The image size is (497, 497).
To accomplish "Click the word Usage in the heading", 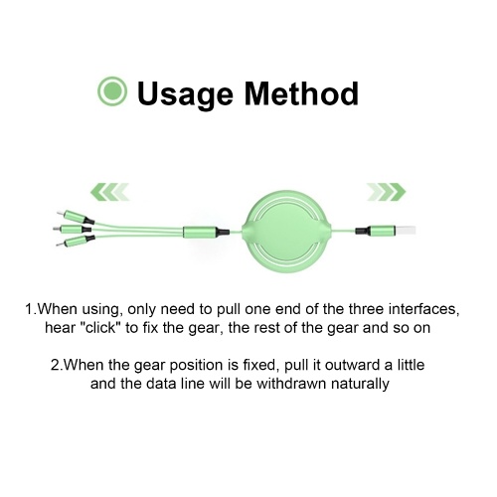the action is [185, 94].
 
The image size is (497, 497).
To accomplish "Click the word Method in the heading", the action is [301, 93].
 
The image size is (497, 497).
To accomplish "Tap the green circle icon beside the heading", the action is [112, 90].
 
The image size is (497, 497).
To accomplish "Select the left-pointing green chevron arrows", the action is [109, 192].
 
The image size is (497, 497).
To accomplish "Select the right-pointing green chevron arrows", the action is [387, 192].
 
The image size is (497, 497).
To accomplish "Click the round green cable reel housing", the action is [286, 232].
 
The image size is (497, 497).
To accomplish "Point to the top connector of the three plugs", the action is [76, 217].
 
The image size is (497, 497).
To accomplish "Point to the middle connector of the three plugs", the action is [72, 229].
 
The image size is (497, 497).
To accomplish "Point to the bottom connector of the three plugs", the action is [76, 242].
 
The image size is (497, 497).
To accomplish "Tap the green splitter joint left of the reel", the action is [206, 232].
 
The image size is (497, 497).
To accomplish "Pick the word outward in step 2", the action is [353, 365].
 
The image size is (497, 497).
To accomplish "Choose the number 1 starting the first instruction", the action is [30, 309].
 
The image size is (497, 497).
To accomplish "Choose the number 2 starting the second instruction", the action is [56, 366].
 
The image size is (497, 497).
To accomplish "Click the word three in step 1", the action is [366, 309].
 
